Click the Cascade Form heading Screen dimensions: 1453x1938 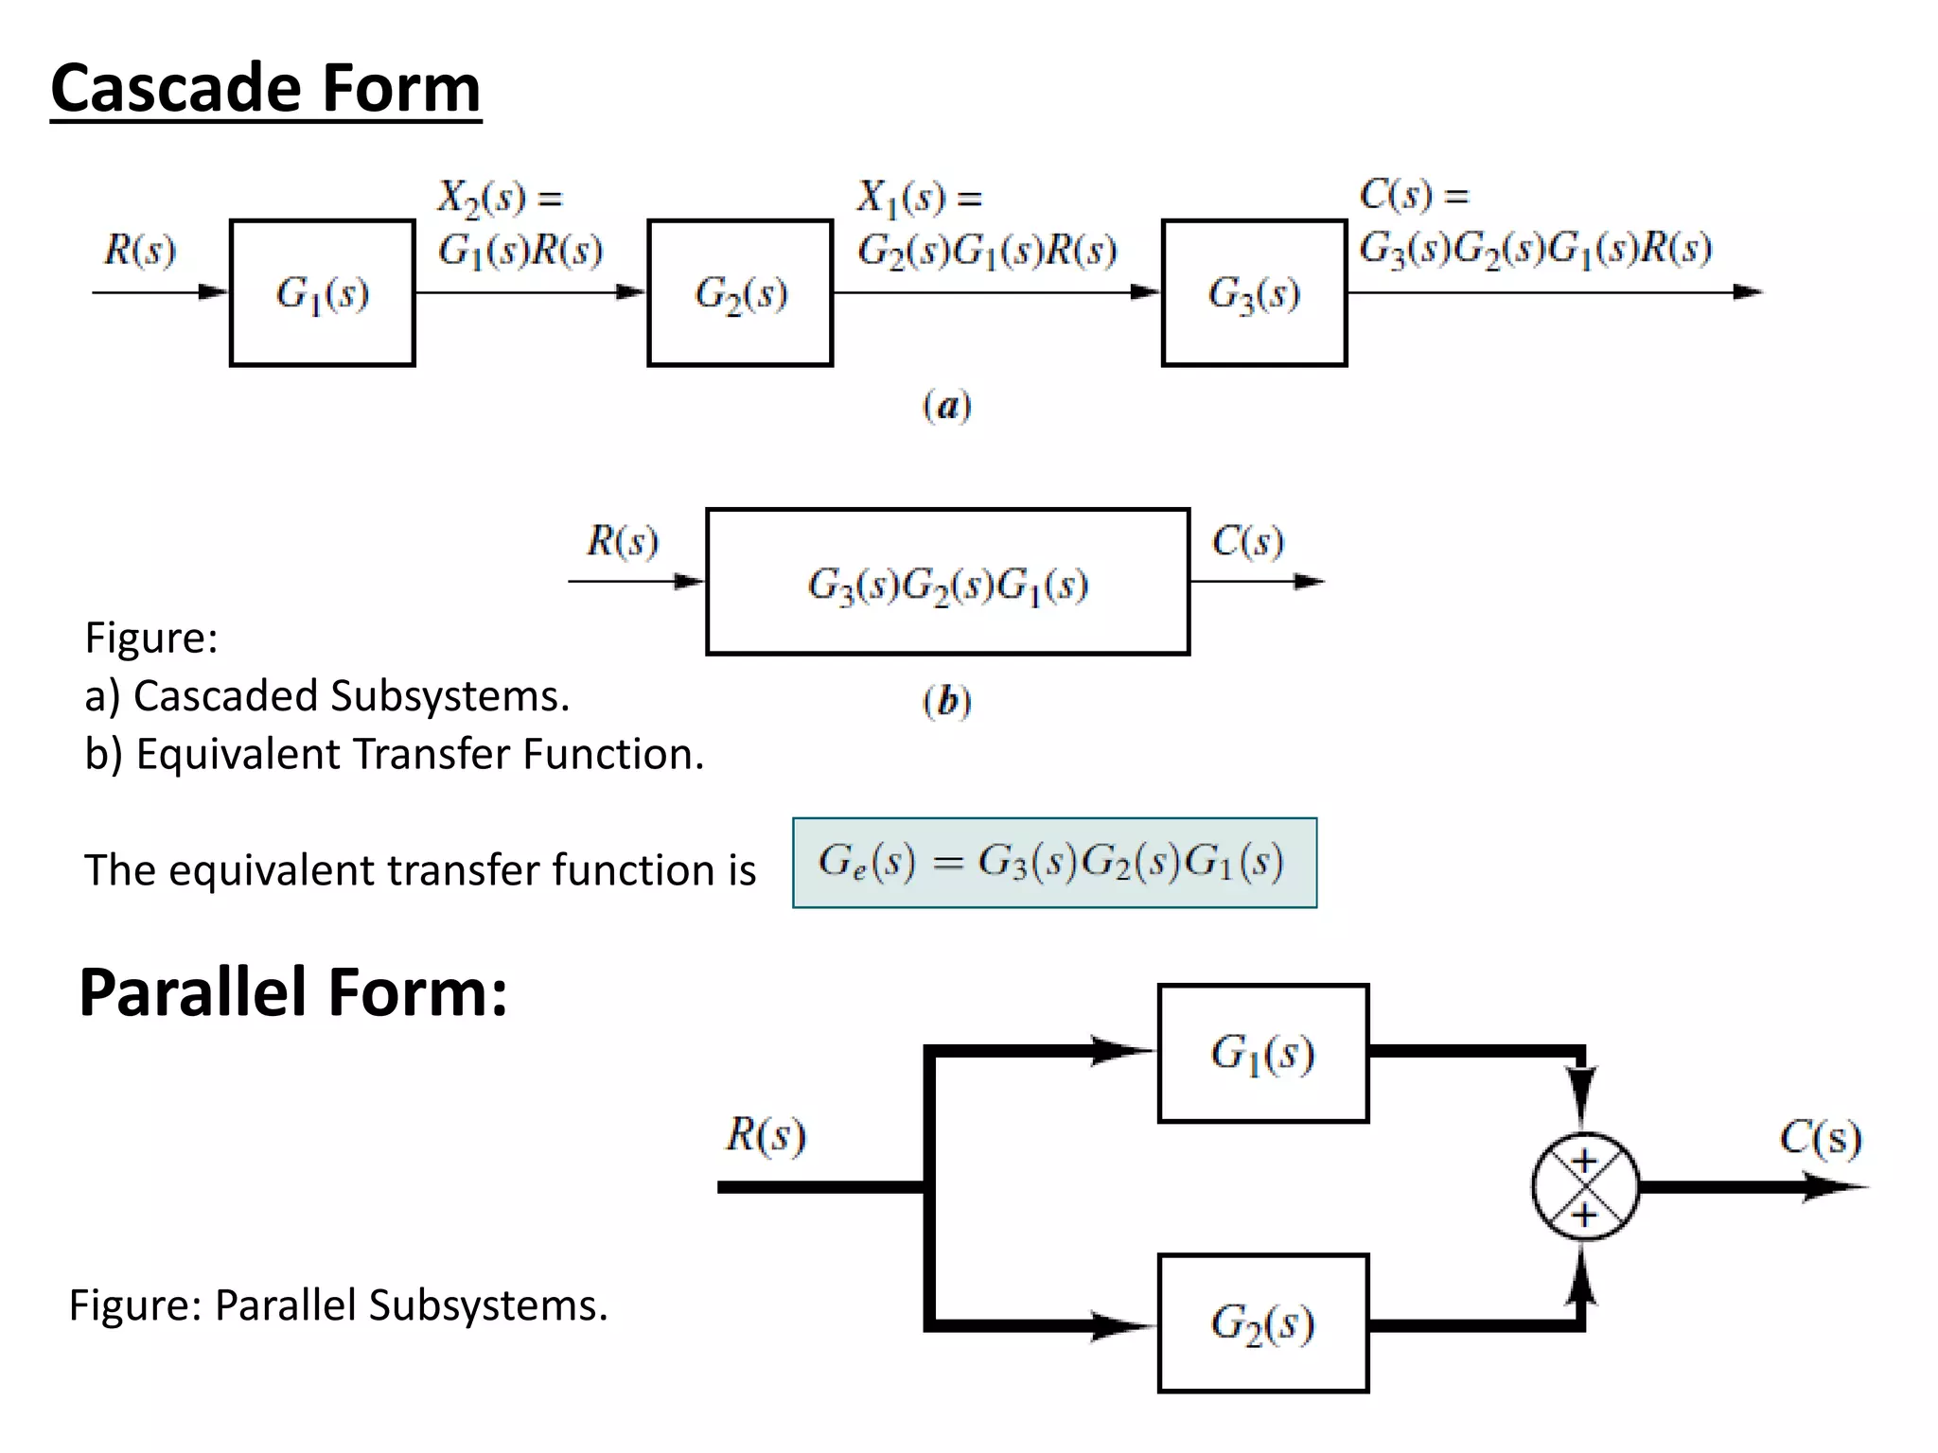click(x=265, y=88)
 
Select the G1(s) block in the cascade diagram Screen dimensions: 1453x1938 click(x=322, y=293)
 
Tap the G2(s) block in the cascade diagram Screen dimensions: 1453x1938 click(x=740, y=293)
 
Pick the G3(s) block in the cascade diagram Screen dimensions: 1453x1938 click(x=1254, y=293)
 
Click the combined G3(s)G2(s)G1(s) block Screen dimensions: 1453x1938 click(x=947, y=583)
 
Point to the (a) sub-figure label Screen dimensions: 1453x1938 click(x=946, y=406)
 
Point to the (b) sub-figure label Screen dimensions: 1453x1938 click(x=946, y=701)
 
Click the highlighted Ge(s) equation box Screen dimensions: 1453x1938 click(x=1054, y=863)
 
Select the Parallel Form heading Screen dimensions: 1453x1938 click(x=293, y=992)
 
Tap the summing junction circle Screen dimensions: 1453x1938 click(x=1585, y=1186)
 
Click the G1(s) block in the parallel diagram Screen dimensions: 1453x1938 click(x=1263, y=1053)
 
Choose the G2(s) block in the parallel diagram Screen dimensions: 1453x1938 click(x=1263, y=1322)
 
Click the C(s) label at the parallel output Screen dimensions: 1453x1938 click(x=1820, y=1137)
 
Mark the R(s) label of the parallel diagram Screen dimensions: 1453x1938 click(x=766, y=1134)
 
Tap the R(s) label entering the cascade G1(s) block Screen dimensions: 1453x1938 click(x=140, y=251)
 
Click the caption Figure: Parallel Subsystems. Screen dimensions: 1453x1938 click(x=338, y=1305)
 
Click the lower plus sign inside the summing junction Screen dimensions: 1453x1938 click(x=1585, y=1215)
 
